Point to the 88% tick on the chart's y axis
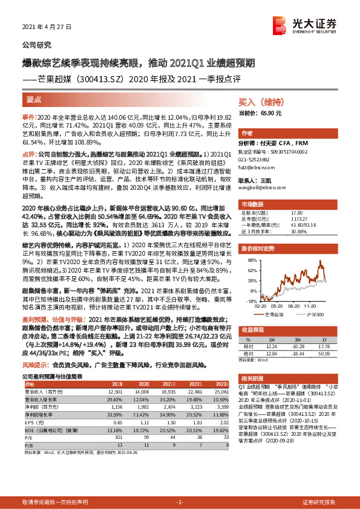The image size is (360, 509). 249,260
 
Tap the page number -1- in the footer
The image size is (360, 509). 180,502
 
